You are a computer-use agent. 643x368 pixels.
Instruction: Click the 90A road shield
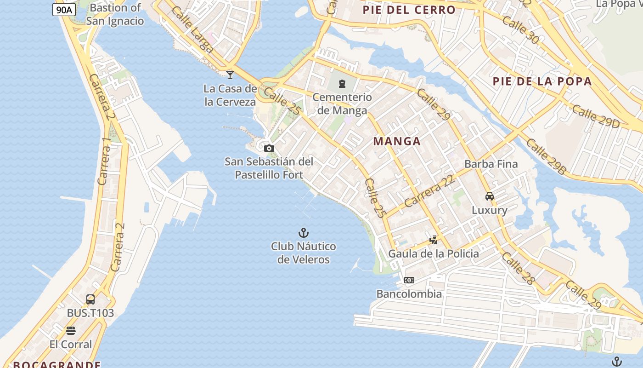pyautogui.click(x=64, y=10)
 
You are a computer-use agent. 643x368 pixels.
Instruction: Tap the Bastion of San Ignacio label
pyautogui.click(x=115, y=14)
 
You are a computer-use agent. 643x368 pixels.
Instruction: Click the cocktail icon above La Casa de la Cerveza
pyautogui.click(x=230, y=75)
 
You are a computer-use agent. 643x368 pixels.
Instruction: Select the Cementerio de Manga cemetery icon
pyautogui.click(x=342, y=84)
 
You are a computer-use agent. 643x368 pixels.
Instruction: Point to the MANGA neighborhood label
pyautogui.click(x=397, y=141)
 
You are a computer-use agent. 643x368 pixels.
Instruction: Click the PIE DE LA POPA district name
pyautogui.click(x=542, y=81)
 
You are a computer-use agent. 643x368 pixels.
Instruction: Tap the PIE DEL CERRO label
pyautogui.click(x=409, y=10)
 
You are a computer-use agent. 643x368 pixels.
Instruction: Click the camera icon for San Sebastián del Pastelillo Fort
pyautogui.click(x=269, y=148)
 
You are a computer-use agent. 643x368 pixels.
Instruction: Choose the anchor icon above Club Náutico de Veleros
pyautogui.click(x=303, y=233)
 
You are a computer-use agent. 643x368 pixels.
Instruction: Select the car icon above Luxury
pyautogui.click(x=490, y=196)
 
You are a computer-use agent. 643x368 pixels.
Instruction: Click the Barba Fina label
pyautogui.click(x=491, y=164)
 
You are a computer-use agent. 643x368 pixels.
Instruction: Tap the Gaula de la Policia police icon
pyautogui.click(x=433, y=240)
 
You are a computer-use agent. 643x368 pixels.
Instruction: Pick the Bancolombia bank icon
pyautogui.click(x=409, y=280)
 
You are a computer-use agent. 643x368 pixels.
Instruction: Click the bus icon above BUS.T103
pyautogui.click(x=90, y=299)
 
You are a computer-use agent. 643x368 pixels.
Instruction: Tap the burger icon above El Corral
pyautogui.click(x=71, y=331)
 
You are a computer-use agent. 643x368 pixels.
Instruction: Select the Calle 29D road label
pyautogui.click(x=596, y=116)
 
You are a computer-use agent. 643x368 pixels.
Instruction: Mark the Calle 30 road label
pyautogui.click(x=520, y=30)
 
